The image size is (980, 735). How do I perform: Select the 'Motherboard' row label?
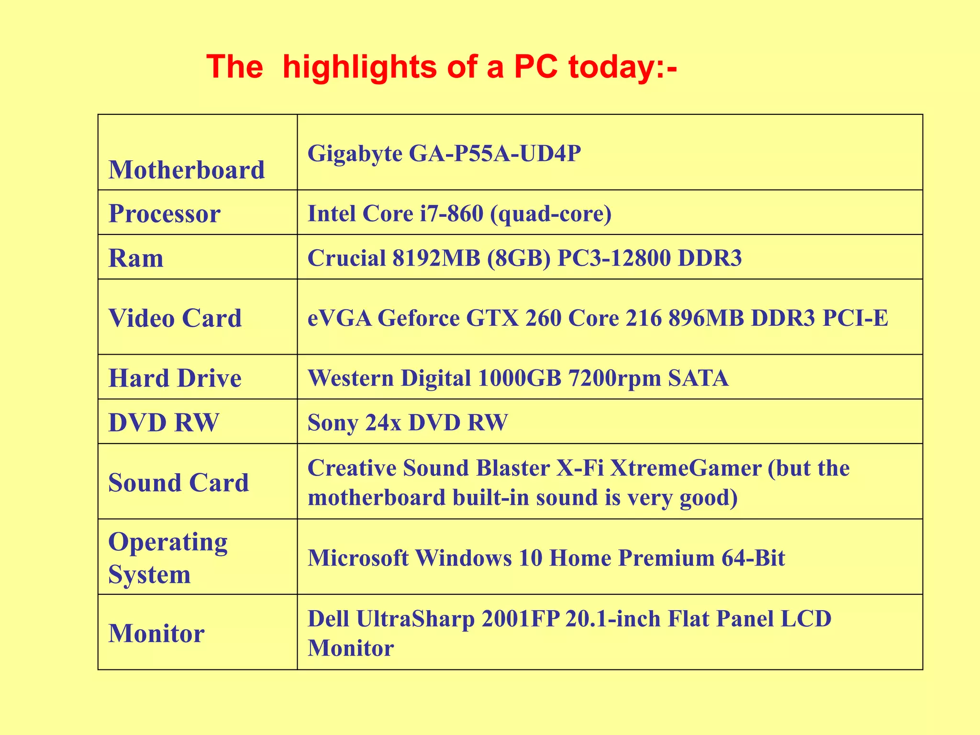point(187,170)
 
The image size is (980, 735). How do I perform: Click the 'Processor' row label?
point(164,213)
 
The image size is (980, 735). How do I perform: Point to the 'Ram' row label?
point(136,258)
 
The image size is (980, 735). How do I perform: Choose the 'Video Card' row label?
point(175,318)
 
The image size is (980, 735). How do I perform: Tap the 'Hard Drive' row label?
point(175,378)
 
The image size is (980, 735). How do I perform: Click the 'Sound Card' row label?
point(178,482)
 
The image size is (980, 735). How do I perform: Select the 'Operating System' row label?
point(167,558)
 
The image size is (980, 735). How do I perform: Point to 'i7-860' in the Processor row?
point(451,213)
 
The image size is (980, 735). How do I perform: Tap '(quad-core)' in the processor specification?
point(551,214)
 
